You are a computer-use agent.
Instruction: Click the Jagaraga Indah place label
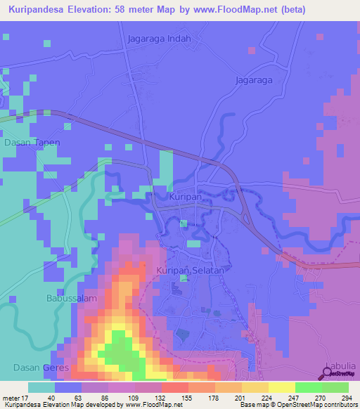[x=160, y=39]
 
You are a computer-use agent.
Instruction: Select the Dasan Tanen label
[x=32, y=142]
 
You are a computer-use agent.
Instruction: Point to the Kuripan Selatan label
[x=190, y=270]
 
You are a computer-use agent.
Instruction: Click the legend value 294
[x=346, y=398]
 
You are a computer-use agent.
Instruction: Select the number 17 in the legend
[x=27, y=398]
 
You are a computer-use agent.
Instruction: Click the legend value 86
[x=106, y=398]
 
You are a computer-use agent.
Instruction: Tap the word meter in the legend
[x=11, y=398]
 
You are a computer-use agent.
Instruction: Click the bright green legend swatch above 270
[x=309, y=387]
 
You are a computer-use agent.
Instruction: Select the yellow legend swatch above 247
[x=282, y=387]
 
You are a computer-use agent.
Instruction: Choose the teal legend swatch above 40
[x=41, y=387]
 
